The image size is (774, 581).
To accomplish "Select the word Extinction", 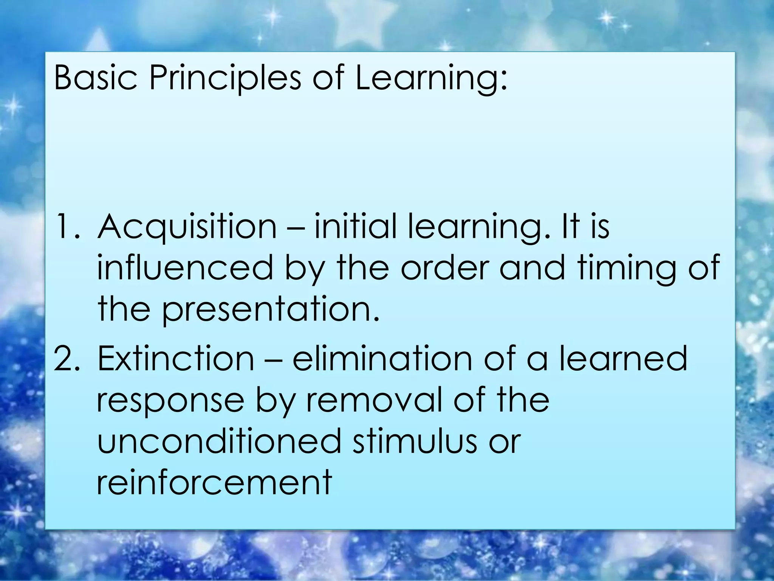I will (175, 358).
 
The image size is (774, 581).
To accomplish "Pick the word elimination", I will (382, 358).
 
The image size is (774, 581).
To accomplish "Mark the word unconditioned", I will (219, 441).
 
